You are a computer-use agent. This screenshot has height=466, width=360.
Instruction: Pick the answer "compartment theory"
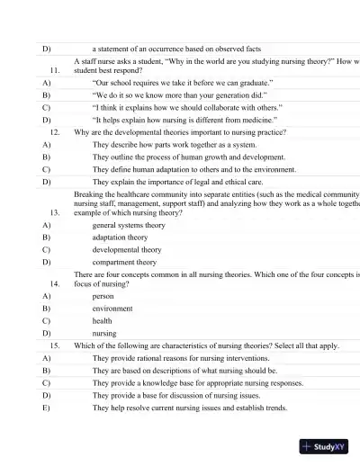[x=123, y=263]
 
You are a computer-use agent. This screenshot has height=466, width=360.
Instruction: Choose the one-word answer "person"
[x=103, y=295]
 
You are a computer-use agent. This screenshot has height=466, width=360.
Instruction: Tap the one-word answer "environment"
[x=112, y=308]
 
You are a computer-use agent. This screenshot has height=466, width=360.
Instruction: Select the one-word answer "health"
[x=103, y=320]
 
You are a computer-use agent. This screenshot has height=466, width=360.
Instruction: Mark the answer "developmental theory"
[x=127, y=250]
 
